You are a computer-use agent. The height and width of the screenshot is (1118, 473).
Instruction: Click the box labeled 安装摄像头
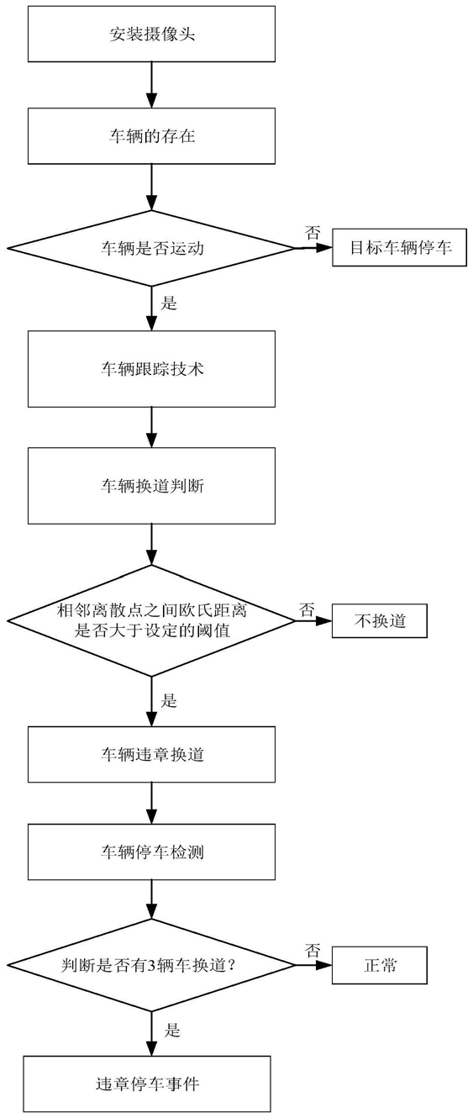(x=151, y=34)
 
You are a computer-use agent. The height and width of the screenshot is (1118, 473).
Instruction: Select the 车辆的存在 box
(x=151, y=136)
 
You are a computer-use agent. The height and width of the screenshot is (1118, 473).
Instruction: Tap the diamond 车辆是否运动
(x=151, y=248)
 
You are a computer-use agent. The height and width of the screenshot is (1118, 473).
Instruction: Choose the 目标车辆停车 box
(x=400, y=247)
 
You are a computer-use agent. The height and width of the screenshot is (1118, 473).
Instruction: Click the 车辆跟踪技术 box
(x=151, y=369)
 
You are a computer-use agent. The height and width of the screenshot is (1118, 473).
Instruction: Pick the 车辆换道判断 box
(x=151, y=486)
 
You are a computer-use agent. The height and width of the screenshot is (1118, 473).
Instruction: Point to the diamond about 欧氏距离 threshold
(x=151, y=621)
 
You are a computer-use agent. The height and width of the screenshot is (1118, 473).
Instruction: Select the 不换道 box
(x=380, y=621)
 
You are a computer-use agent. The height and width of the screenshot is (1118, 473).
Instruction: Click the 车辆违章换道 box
(x=151, y=754)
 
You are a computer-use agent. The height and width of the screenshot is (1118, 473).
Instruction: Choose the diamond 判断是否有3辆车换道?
(x=151, y=965)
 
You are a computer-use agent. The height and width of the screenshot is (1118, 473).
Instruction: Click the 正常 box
(x=380, y=965)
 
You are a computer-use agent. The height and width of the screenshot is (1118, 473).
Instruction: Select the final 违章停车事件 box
(x=147, y=1084)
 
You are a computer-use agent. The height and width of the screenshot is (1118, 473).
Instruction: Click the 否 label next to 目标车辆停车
(x=313, y=233)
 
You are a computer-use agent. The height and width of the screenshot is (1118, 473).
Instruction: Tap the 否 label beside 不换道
(x=307, y=609)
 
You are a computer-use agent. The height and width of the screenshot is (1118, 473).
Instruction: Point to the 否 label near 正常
(x=313, y=950)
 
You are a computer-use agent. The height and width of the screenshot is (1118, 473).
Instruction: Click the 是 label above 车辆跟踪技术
(x=169, y=303)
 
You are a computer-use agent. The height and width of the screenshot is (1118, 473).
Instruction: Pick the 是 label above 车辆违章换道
(x=169, y=701)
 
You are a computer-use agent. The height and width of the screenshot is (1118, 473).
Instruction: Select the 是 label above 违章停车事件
(x=172, y=1030)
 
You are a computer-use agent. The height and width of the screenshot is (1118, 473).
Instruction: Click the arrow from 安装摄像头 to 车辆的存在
(x=151, y=85)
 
